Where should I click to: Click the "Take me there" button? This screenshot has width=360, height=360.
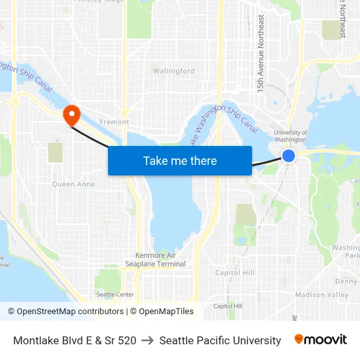coord(180,160)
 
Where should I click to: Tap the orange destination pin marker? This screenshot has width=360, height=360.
coord(71,116)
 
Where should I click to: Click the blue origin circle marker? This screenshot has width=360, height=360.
coord(289,155)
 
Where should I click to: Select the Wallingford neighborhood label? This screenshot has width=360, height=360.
coord(173,71)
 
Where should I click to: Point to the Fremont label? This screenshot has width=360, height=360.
coord(114,122)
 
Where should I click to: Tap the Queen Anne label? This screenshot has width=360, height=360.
coord(73,184)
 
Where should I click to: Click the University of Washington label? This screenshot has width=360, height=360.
coord(291,135)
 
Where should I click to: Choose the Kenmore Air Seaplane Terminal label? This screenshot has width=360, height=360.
coord(156,259)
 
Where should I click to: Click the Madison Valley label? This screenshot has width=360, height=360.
coord(321,295)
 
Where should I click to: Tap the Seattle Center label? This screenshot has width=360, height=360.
coord(115,295)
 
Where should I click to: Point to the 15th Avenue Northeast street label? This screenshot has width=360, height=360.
coord(261,54)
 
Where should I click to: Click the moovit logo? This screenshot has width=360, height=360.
coord(321,340)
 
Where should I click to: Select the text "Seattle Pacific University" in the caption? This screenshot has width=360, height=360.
coord(220,340)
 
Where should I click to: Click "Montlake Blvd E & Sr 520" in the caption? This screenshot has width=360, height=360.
coord(75,340)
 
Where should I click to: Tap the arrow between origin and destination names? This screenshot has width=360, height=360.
coord(148,340)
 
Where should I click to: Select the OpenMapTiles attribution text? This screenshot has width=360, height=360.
coord(162,312)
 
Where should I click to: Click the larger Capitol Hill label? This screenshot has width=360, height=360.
coord(235,272)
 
